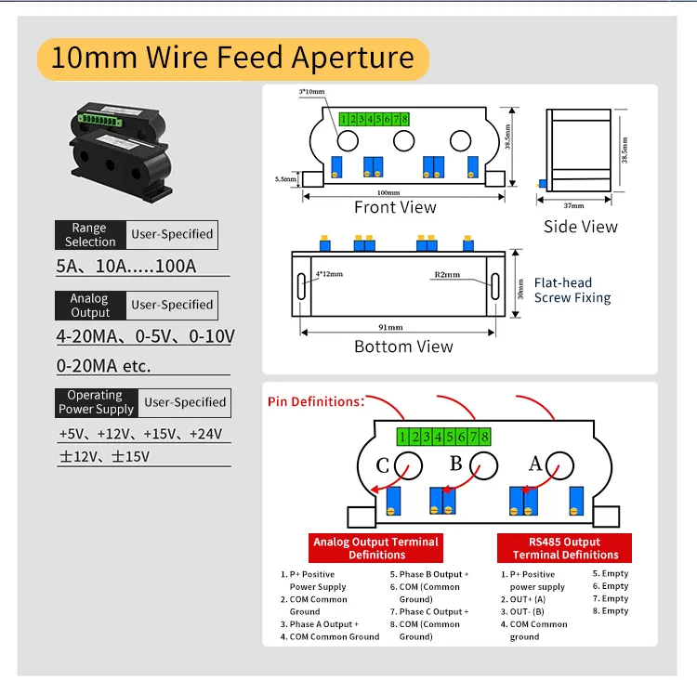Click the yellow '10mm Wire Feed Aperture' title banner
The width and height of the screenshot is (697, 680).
point(233,59)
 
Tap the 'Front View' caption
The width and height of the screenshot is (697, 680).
point(395,207)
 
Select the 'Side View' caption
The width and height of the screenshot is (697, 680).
point(581,227)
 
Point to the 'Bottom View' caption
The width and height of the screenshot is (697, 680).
point(403,347)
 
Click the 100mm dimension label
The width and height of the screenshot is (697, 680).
point(388,192)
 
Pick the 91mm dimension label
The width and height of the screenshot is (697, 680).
point(390,327)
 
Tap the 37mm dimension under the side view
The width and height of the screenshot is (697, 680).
point(574,206)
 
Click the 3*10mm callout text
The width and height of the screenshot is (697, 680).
point(311,92)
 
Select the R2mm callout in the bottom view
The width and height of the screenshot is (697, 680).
point(447,275)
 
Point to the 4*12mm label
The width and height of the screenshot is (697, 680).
point(329,274)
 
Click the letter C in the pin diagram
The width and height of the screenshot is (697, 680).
point(382,465)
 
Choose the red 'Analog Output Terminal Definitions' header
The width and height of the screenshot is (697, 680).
point(376,548)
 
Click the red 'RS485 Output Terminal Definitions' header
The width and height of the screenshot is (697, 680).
point(564,548)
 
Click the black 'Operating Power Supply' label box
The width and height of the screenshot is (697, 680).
point(97,402)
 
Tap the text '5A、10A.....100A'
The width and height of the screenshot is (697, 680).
point(126,267)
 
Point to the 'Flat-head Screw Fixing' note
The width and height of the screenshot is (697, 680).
point(572,290)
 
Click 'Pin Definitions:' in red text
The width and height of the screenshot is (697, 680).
point(316,402)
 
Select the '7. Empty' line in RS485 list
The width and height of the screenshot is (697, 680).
point(611,598)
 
